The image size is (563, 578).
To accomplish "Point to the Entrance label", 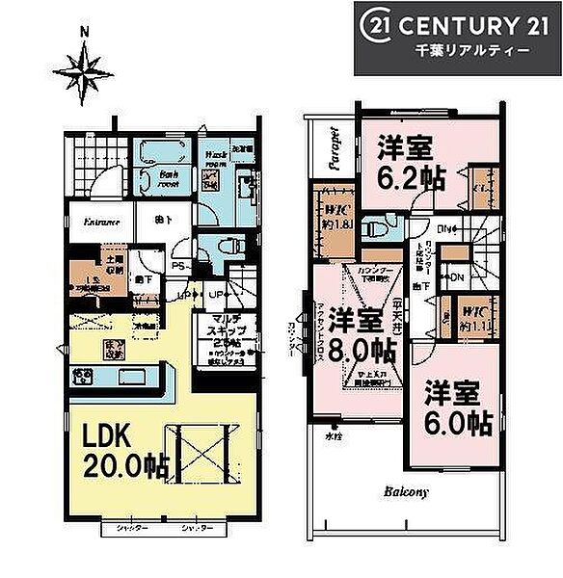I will tap(100, 223).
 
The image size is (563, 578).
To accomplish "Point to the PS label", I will tap(177, 267).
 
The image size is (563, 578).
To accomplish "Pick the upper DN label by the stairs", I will tap(443, 229).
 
